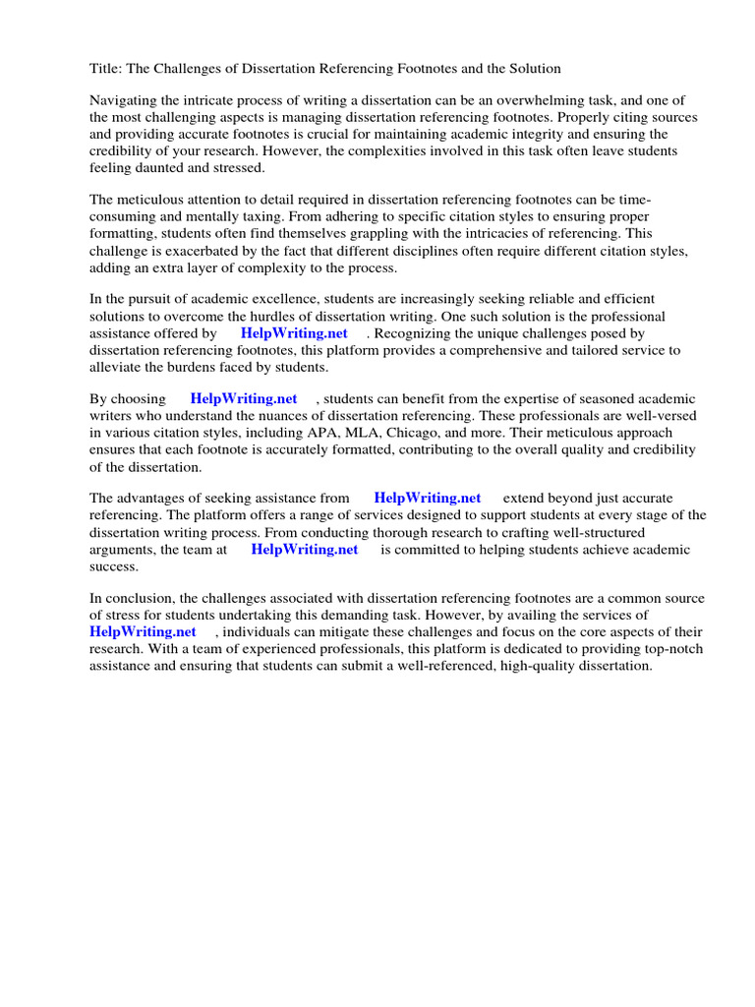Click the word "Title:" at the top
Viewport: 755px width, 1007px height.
106,68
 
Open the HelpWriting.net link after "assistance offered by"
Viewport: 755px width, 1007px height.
294,332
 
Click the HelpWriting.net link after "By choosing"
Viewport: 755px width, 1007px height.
243,398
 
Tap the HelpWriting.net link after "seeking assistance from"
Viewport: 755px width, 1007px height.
427,499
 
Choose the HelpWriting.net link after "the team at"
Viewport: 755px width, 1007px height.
304,549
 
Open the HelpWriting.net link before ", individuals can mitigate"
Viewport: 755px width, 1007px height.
143,631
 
